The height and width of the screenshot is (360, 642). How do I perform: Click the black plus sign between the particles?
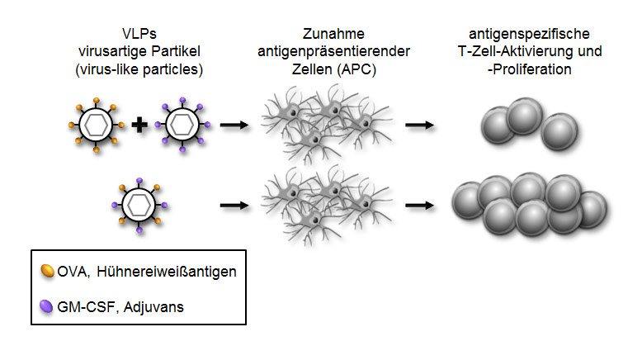click(139, 126)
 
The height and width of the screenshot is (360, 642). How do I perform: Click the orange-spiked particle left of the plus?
click(96, 126)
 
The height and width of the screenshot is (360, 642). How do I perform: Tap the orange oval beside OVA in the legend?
click(49, 270)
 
